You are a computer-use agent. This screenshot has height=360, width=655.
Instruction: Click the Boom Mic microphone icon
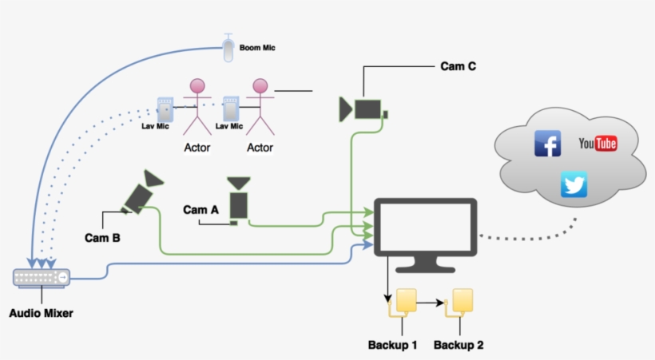229,49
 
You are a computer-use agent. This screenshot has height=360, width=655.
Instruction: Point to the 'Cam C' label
458,66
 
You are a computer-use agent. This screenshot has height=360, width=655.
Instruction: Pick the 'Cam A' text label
200,210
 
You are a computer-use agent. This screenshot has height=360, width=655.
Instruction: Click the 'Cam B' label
102,237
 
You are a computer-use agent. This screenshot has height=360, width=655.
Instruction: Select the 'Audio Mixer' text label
41,314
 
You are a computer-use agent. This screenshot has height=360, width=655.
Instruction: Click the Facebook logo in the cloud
547,144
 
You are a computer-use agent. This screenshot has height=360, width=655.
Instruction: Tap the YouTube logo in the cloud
597,144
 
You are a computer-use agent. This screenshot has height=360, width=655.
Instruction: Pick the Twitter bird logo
574,184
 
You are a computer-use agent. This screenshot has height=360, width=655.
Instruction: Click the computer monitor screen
427,231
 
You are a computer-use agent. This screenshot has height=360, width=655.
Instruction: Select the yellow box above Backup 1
406,301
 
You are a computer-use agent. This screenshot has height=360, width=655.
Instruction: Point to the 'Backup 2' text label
458,346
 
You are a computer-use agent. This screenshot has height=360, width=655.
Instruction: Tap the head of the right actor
259,86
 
